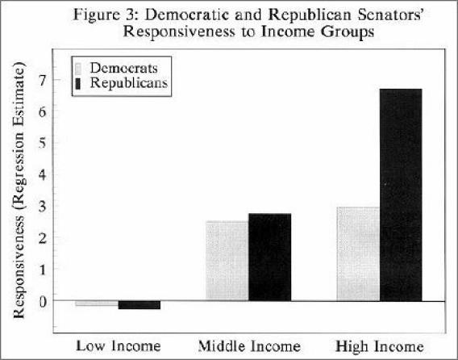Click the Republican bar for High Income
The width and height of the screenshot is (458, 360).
pyautogui.click(x=401, y=195)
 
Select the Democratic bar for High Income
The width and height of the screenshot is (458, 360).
pyautogui.click(x=358, y=253)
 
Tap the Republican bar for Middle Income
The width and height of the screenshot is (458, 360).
pyautogui.click(x=270, y=257)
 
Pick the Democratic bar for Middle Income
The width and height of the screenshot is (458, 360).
pyautogui.click(x=227, y=261)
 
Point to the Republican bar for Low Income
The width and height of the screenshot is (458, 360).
pyautogui.click(x=139, y=305)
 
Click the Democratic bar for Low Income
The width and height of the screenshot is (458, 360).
pyautogui.click(x=97, y=303)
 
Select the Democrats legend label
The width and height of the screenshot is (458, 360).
pyautogui.click(x=124, y=68)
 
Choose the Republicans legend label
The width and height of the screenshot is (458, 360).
pyautogui.click(x=129, y=83)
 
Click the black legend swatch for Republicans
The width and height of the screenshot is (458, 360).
pyautogui.click(x=78, y=83)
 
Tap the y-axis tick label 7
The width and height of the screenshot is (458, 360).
pyautogui.click(x=43, y=81)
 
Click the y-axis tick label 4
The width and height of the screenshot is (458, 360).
pyautogui.click(x=43, y=175)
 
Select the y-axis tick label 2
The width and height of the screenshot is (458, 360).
pyautogui.click(x=43, y=238)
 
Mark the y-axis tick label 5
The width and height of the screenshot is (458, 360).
pyautogui.click(x=43, y=144)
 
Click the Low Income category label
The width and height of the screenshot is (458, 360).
pyautogui.click(x=119, y=346)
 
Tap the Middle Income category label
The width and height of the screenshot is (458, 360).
pyautogui.click(x=249, y=346)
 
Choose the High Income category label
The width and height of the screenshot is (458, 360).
pyautogui.click(x=380, y=347)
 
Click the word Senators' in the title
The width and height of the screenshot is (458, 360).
pyautogui.click(x=390, y=15)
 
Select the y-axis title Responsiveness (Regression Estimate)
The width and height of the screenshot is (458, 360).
pyautogui.click(x=19, y=190)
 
